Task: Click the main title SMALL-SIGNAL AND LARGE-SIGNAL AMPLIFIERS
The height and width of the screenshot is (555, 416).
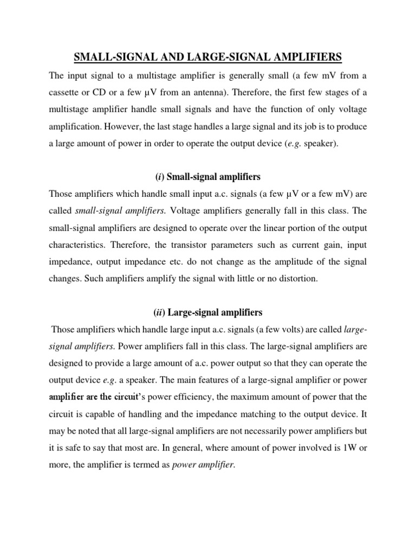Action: pos(208,56)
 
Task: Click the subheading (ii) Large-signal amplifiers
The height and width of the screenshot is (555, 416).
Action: pos(208,312)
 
